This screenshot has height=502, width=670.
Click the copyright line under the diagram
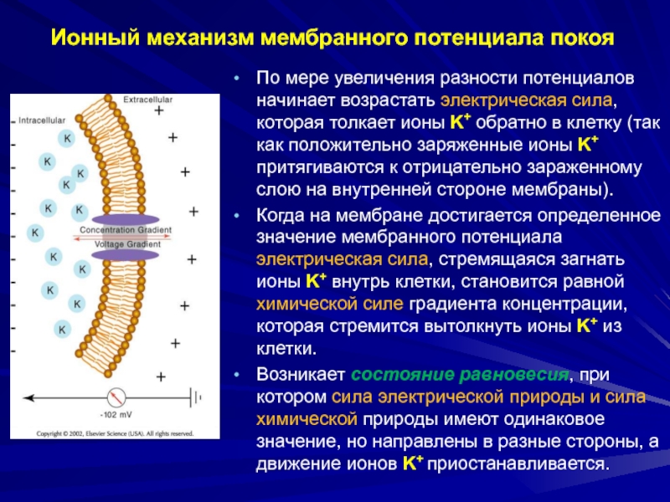[x=114, y=434]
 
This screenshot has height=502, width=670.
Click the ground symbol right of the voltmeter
[x=198, y=397]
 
